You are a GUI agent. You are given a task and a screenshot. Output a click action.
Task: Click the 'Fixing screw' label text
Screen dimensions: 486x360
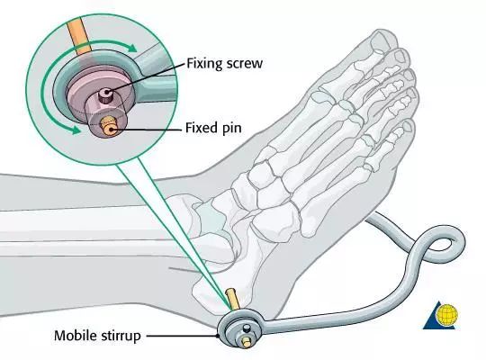[224, 64]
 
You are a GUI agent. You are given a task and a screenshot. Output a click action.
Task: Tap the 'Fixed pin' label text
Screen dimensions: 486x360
[213, 128]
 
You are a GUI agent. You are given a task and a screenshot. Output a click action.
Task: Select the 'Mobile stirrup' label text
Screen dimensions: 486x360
[97, 336]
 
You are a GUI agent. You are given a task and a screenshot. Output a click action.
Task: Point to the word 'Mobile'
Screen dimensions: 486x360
[76, 336]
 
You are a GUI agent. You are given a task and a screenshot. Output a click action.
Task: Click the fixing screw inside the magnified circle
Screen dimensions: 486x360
[106, 94]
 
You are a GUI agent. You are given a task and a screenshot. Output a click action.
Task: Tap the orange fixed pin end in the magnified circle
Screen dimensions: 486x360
[109, 127]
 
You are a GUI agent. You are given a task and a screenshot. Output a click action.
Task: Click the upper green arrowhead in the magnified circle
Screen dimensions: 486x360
[131, 48]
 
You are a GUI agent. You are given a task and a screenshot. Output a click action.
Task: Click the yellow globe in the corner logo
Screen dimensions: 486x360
[446, 314]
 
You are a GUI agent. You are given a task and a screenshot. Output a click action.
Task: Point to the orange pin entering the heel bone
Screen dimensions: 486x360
[232, 299]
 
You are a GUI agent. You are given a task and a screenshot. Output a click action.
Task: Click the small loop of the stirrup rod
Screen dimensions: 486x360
[444, 243]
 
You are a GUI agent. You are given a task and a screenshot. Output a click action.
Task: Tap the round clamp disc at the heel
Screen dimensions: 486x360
[240, 329]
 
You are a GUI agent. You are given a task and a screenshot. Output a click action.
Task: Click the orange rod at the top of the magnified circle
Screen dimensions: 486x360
[78, 36]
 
